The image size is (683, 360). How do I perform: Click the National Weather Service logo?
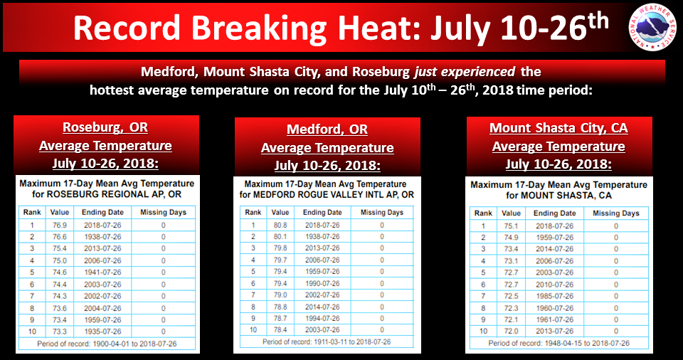click(x=652, y=28)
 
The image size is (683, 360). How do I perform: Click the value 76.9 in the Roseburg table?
click(x=60, y=226)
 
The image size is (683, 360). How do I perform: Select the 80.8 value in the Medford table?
click(x=280, y=226)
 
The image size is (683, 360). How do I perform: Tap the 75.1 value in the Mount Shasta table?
click(x=511, y=226)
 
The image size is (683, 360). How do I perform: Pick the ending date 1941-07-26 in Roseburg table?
click(x=102, y=272)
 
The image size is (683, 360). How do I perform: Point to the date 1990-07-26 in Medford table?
click(x=322, y=284)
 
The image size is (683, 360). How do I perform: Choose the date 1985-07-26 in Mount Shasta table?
click(x=554, y=297)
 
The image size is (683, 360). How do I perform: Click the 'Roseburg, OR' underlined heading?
click(x=105, y=127)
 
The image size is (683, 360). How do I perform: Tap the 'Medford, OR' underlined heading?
click(x=327, y=129)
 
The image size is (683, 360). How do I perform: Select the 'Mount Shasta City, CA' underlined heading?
click(x=559, y=128)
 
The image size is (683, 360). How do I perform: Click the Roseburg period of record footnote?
click(x=107, y=344)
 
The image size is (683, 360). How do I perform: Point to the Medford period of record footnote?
click(x=327, y=342)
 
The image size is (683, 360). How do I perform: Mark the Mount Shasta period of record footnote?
click(x=559, y=343)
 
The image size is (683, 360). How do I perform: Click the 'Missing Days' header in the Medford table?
click(x=382, y=212)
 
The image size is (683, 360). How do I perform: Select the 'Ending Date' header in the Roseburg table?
click(x=102, y=212)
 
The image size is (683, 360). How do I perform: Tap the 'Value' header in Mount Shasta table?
click(x=511, y=213)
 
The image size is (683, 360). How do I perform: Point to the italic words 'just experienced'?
click(x=465, y=71)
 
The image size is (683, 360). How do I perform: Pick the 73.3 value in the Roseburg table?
click(x=60, y=332)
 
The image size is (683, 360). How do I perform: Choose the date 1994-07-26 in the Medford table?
click(x=322, y=319)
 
